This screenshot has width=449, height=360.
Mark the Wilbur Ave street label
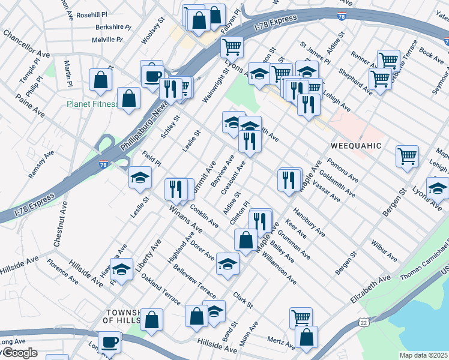tap(384, 252)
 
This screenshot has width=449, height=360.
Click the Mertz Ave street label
tap(281, 342)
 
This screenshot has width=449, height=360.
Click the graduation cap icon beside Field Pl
tap(140, 177)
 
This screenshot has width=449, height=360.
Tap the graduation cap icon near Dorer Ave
tap(228, 263)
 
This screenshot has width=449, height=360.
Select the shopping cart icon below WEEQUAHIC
tap(407, 156)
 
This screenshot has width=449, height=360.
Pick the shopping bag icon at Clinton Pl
tap(245, 239)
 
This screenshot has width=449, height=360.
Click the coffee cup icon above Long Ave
tap(109, 341)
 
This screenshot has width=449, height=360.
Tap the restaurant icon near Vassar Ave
tap(289, 179)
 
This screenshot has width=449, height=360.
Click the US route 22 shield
tap(364, 323)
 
